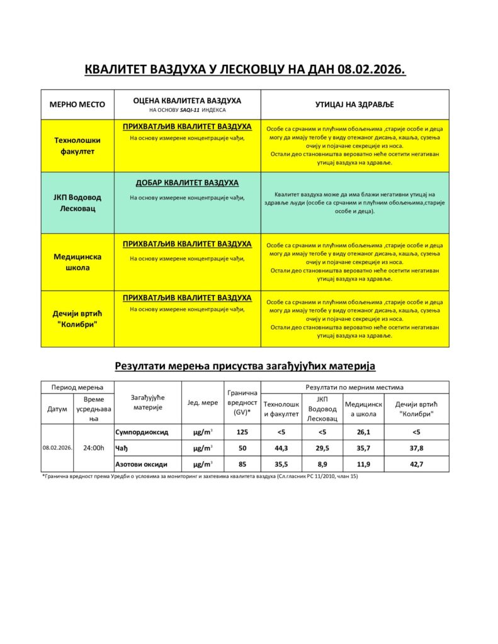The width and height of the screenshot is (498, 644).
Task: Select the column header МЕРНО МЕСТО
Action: click(77, 104)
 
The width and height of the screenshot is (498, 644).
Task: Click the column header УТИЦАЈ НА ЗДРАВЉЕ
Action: click(354, 104)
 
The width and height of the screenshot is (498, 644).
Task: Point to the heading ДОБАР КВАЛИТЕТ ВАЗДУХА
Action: click(187, 183)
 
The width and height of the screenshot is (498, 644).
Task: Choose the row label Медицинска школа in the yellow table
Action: click(77, 262)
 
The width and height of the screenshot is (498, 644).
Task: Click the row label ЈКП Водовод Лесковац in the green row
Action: click(77, 203)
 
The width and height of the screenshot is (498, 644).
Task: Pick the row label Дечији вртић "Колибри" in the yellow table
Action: click(77, 318)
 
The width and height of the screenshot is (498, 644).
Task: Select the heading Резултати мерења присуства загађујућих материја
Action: click(245, 365)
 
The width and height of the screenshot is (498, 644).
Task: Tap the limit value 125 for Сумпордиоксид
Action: click(242, 432)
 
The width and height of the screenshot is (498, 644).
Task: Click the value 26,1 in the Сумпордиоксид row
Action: click(362, 432)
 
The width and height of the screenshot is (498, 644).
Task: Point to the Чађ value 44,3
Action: click(281, 448)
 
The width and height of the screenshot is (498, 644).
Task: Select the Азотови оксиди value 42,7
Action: click(416, 464)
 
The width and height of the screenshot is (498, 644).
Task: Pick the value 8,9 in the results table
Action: click(322, 464)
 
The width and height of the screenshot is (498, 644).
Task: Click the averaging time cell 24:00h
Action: click(93, 448)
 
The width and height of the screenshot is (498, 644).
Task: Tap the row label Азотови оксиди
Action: click(142, 464)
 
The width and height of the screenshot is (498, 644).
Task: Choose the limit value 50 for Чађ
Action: click(242, 448)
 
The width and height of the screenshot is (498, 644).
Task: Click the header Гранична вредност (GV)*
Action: click(242, 402)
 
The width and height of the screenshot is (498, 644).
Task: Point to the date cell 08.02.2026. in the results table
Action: click(58, 448)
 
